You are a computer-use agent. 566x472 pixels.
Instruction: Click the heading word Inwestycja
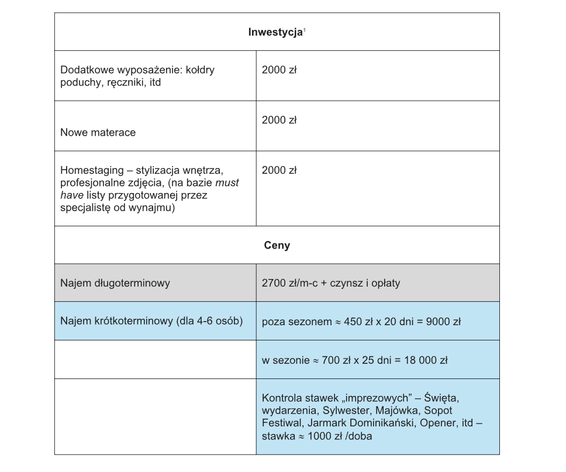click(275, 32)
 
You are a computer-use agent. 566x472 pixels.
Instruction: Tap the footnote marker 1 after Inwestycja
click(305, 30)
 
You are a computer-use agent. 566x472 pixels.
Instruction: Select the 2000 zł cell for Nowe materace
click(279, 120)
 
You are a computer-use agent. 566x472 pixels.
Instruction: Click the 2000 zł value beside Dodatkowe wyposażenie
click(279, 70)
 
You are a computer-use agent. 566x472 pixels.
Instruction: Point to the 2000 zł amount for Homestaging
click(279, 170)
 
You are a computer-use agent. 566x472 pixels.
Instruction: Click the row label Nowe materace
click(98, 133)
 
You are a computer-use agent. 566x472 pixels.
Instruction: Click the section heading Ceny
click(277, 246)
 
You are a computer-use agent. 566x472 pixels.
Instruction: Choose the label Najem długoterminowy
click(115, 283)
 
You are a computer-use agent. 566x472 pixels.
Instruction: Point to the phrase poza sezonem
click(293, 322)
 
